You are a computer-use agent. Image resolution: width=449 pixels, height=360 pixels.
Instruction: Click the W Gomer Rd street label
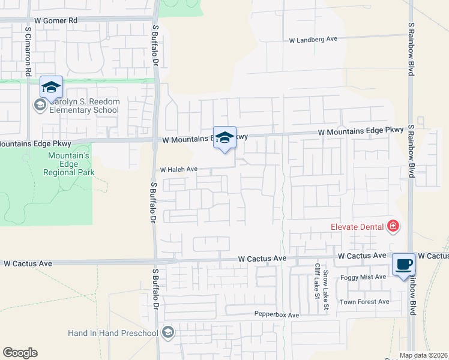pyautogui.click(x=56, y=20)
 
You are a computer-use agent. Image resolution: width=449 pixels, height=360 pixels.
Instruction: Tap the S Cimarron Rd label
pyautogui.click(x=28, y=51)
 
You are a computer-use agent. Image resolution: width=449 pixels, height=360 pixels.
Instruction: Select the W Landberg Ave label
pyautogui.click(x=313, y=40)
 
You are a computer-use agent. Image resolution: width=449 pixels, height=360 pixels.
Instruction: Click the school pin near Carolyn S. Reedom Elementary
pyautogui.click(x=52, y=88)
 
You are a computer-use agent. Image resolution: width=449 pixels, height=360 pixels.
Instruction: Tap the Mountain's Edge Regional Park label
pyautogui.click(x=68, y=164)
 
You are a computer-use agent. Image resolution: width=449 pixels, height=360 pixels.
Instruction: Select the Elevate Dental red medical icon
pyautogui.click(x=393, y=226)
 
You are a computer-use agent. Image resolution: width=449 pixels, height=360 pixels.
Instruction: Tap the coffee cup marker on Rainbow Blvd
pyautogui.click(x=403, y=265)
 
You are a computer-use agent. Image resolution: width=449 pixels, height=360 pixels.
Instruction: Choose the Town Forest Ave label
pyautogui.click(x=364, y=302)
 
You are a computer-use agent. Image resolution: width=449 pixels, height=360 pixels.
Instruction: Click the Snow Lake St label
pyautogui.click(x=326, y=284)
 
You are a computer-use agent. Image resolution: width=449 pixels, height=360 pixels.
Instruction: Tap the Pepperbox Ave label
pyautogui.click(x=276, y=315)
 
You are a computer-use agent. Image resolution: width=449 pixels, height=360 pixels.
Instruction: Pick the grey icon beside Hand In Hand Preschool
pyautogui.click(x=168, y=332)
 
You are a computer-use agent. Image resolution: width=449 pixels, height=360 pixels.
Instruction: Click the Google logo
pyautogui.click(x=20, y=353)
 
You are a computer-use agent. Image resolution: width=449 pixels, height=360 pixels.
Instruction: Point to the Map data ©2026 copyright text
pyautogui.click(x=424, y=355)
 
